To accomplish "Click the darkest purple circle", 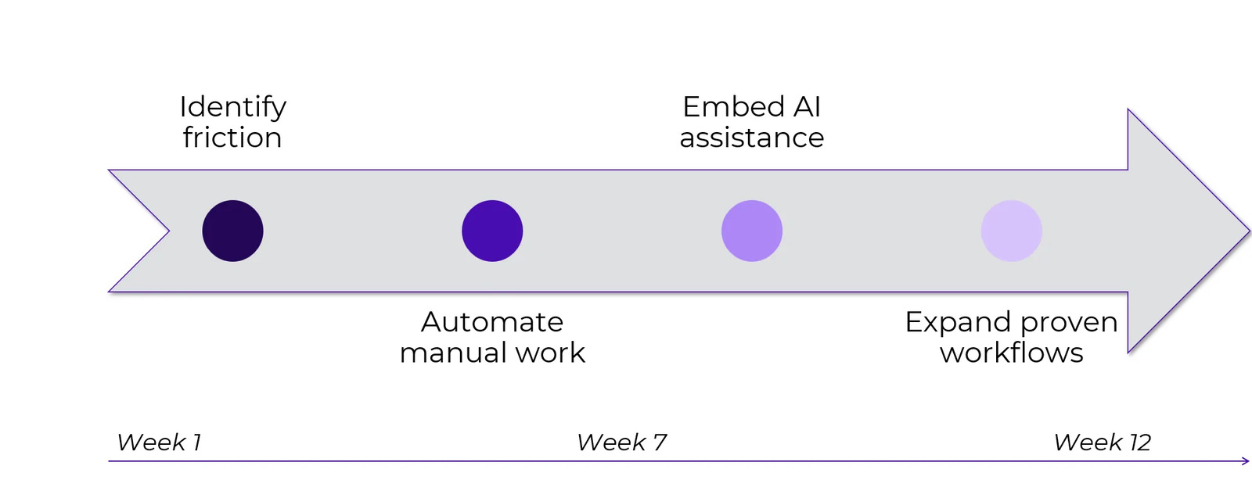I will pyautogui.click(x=232, y=231).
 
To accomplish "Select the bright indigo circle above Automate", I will pyautogui.click(x=492, y=231).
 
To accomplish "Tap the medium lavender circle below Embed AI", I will pyautogui.click(x=752, y=231).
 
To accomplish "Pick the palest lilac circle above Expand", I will pyautogui.click(x=1012, y=231).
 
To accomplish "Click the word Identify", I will pyautogui.click(x=232, y=107).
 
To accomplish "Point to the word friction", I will pyautogui.click(x=232, y=138).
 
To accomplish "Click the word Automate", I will pyautogui.click(x=492, y=322).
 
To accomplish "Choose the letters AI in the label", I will pyautogui.click(x=807, y=107).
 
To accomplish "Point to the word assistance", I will pyautogui.click(x=752, y=138).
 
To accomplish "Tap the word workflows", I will pyautogui.click(x=1012, y=353).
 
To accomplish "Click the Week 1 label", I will pyautogui.click(x=159, y=442).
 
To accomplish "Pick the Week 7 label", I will pyautogui.click(x=622, y=442).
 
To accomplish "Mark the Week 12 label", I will pyautogui.click(x=1103, y=442).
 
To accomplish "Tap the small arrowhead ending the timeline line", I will pyautogui.click(x=1246, y=461).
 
